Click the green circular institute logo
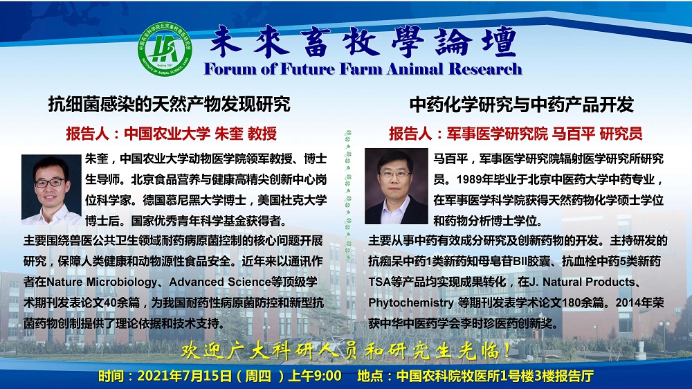pos(165,49)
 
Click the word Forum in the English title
pos(230,69)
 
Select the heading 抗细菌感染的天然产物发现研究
pos(169,105)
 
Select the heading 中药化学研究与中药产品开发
pos(521,105)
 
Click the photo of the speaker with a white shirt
pos(51,190)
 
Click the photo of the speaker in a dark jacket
pos(396,186)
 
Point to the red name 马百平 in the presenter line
pos(573,134)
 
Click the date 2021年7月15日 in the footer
pos(185,376)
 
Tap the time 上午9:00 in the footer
pos(315,376)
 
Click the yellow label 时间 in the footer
pos(111,376)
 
